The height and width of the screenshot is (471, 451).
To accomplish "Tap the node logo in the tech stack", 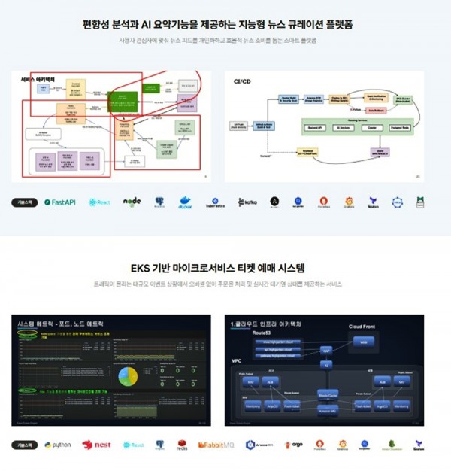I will pyautogui.click(x=132, y=202).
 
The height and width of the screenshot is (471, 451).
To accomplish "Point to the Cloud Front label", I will pyautogui.click(x=365, y=327).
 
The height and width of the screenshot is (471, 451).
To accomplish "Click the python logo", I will pyautogui.click(x=58, y=445).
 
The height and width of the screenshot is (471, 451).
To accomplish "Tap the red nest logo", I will pyautogui.click(x=96, y=445).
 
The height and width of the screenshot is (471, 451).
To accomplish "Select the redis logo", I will pyautogui.click(x=181, y=445).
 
